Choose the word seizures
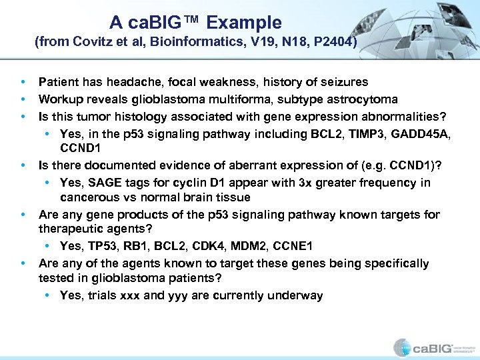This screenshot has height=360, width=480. pos(343,82)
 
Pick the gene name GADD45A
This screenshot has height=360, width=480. pos(423,134)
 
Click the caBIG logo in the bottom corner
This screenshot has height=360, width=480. pos(432,347)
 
